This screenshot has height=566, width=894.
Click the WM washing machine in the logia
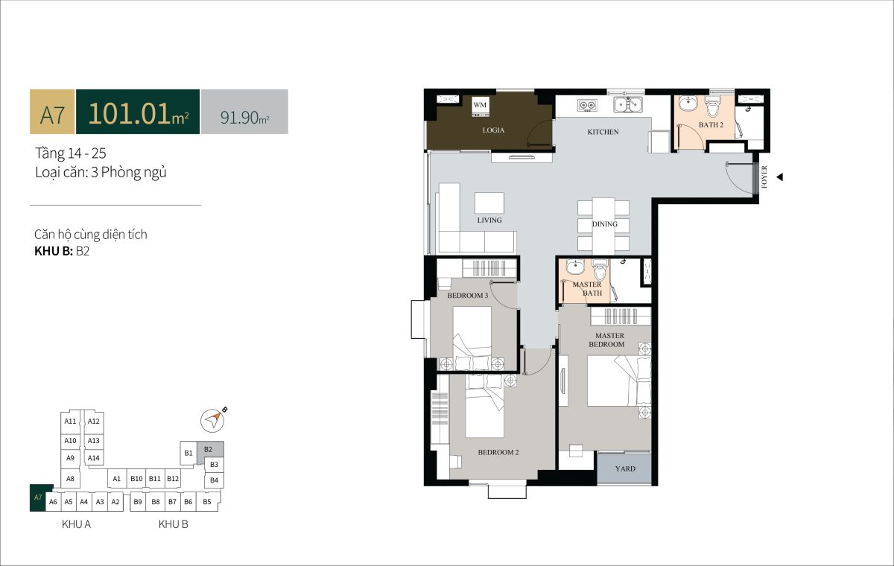[x=480, y=107]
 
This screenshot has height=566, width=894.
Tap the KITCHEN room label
[x=603, y=132]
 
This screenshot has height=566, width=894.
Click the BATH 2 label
[x=711, y=125]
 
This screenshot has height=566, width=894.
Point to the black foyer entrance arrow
[x=779, y=177]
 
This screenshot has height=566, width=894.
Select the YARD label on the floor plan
[x=625, y=468]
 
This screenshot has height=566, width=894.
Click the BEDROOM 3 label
[x=468, y=296]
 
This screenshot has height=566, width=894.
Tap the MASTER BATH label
[x=587, y=289]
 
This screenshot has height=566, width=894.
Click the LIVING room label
[x=489, y=220]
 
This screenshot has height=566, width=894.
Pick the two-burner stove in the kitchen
[x=587, y=105]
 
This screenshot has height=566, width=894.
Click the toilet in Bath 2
[x=711, y=106]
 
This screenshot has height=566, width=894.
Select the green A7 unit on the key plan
[x=39, y=497]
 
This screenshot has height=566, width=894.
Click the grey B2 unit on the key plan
[x=209, y=451]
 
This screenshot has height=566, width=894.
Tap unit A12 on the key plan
[x=93, y=422]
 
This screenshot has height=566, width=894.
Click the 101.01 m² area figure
[x=138, y=113]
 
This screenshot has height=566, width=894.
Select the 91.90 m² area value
[x=244, y=117]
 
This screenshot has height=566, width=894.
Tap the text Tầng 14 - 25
[x=71, y=153]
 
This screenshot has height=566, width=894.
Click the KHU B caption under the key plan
[x=173, y=524]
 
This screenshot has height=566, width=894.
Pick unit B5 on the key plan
[x=207, y=502]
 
